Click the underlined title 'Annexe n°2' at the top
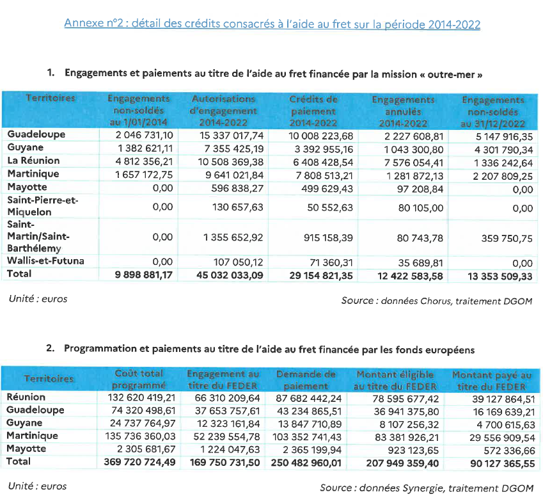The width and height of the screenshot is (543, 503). tap(272, 24)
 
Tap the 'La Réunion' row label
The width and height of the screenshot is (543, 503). tap(33, 161)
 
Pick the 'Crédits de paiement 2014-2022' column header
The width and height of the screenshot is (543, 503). tap(313, 111)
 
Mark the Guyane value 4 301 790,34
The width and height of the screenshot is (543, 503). tap(496, 148)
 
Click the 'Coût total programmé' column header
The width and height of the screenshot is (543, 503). tap(139, 379)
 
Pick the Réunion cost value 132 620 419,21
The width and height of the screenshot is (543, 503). tap(139, 397)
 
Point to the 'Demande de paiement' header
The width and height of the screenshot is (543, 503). tap(311, 379)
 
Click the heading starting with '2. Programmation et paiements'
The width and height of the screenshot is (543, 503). tap(260, 349)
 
